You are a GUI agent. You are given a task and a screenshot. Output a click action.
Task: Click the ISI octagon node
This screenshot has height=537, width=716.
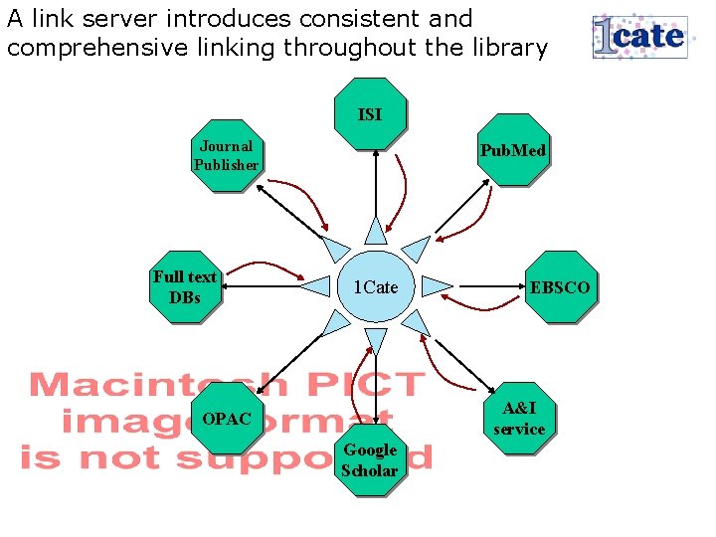click(x=370, y=114)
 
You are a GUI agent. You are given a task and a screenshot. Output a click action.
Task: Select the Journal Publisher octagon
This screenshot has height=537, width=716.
click(x=227, y=155)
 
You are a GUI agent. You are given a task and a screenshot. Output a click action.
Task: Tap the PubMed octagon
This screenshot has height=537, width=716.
click(x=512, y=150)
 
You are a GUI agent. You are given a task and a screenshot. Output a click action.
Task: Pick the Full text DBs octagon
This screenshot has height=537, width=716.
click(x=185, y=286)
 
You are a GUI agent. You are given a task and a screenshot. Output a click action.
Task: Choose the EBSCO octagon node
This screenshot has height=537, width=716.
click(x=560, y=287)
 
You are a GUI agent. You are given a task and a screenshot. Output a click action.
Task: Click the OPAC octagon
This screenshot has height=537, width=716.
click(x=227, y=419)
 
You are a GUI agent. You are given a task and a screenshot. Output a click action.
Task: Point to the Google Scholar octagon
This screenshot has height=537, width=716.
click(x=370, y=460)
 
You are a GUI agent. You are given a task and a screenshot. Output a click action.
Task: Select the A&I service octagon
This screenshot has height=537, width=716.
click(x=518, y=419)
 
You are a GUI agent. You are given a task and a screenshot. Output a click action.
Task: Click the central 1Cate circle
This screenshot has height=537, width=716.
click(x=375, y=287)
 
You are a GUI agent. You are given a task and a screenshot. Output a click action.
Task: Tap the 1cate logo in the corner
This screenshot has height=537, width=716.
click(x=639, y=37)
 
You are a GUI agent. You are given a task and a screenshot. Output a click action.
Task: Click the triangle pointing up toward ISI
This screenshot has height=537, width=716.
click(x=375, y=230)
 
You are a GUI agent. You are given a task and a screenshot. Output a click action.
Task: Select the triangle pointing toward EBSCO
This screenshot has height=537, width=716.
click(x=435, y=286)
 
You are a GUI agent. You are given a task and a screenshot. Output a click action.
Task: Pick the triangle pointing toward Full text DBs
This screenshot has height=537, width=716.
click(x=315, y=286)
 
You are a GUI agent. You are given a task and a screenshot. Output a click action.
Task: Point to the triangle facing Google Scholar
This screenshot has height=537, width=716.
click(x=375, y=342)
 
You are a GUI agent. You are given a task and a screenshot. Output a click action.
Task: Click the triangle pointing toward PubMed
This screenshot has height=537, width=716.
click(x=416, y=248)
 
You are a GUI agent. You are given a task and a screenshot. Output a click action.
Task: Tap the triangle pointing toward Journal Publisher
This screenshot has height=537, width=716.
click(x=336, y=248)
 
